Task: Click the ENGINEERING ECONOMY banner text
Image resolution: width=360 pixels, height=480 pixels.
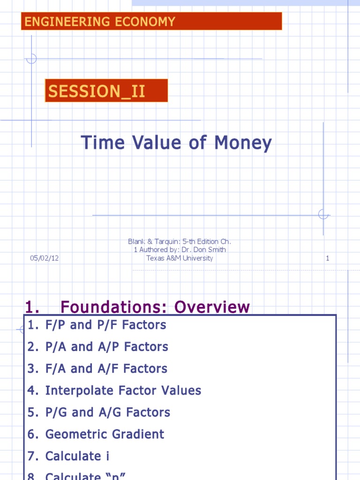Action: pos(100,22)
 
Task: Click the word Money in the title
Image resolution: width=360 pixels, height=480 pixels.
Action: pos(243,142)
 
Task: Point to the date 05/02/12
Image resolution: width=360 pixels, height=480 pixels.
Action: pos(45,258)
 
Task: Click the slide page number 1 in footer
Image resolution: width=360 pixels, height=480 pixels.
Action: pos(328,258)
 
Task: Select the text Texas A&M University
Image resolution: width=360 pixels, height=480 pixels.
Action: pos(180,258)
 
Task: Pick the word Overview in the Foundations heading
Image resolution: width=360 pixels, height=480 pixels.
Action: pos(212,307)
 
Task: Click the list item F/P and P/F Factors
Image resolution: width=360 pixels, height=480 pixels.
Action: pos(105,325)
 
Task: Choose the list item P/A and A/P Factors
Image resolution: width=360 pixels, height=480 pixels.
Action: pos(106,347)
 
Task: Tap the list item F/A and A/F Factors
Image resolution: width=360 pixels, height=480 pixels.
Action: pos(106,369)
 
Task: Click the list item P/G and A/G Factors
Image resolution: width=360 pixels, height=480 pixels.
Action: pos(107,412)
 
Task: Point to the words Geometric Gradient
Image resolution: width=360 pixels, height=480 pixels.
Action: pos(105,434)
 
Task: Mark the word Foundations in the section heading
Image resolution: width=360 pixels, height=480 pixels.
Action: pos(114,307)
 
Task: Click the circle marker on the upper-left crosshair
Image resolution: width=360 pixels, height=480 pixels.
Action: pos(31,59)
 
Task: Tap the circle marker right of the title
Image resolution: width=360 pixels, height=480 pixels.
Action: pos(323,215)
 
